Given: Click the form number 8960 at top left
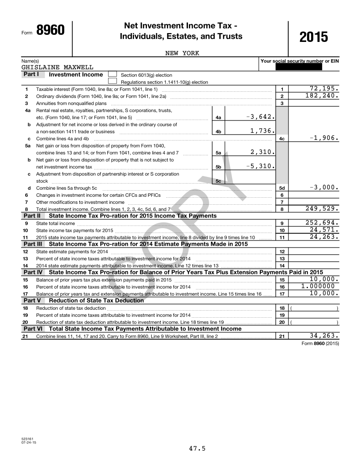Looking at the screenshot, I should coord(50,30).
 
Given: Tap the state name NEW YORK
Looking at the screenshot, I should coord(182,53).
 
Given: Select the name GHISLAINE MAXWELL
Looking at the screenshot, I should coord(57,68).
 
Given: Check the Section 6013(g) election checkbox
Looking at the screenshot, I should coord(112,75).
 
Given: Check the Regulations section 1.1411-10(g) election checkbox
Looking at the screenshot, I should coord(112,81).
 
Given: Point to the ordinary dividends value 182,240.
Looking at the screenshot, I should coord(322,95).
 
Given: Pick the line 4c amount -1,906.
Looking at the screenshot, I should coord(324,138).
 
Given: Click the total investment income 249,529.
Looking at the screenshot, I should coord(322,208).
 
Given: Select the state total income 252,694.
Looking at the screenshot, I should coord(322,222).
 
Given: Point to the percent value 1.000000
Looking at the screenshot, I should coord(318,286).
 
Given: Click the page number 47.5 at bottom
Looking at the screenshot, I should coord(197,449).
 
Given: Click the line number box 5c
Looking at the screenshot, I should coord(218,180).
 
